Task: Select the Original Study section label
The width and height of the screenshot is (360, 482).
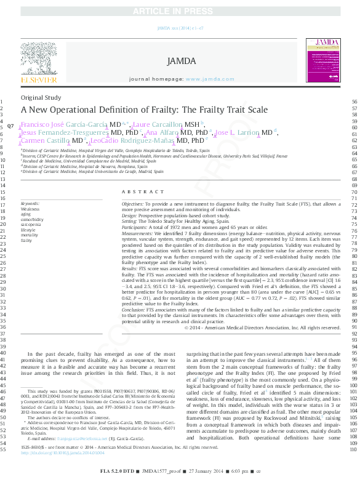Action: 41,98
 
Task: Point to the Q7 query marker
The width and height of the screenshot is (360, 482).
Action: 10,126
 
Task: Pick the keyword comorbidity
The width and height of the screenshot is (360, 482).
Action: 32,219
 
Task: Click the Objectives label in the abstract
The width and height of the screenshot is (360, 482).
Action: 132,203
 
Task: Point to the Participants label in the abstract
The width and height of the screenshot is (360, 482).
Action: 135,228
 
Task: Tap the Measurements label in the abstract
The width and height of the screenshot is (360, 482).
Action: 138,233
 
